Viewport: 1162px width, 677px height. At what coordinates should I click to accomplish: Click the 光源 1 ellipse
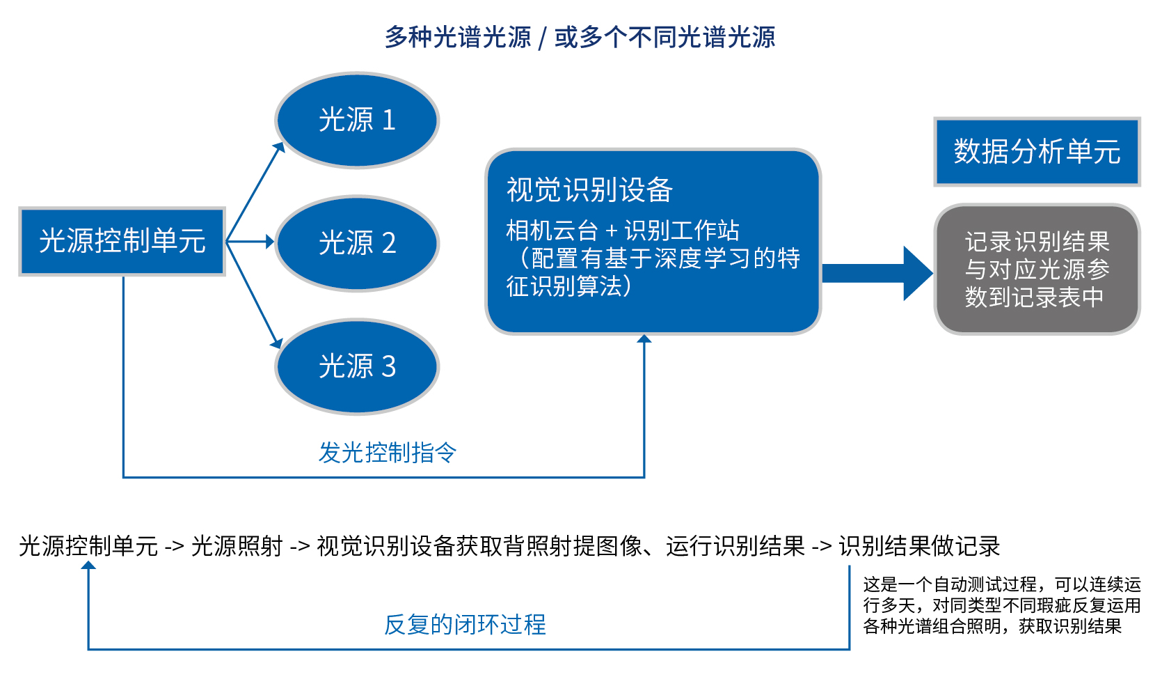[357, 120]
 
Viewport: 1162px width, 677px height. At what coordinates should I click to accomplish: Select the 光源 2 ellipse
[357, 243]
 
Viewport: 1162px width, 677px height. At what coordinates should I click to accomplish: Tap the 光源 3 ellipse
[357, 366]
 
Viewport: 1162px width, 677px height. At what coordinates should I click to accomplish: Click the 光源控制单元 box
[122, 241]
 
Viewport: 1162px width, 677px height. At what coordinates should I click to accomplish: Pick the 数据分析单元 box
[1037, 152]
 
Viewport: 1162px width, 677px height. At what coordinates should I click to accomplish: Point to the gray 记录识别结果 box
[1037, 270]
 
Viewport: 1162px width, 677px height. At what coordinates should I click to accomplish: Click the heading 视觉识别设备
[589, 189]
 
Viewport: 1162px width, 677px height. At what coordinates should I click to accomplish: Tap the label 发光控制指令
[387, 453]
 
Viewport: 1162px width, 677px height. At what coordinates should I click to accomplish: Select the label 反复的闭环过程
[465, 624]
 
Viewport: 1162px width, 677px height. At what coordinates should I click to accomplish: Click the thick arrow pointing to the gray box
[877, 273]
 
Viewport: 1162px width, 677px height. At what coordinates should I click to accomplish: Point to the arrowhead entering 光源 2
[270, 242]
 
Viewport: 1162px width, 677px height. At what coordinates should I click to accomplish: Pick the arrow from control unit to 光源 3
[255, 295]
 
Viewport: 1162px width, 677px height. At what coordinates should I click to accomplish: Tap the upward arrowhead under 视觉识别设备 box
[644, 339]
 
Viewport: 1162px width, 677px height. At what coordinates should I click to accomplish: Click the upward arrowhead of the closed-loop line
[88, 566]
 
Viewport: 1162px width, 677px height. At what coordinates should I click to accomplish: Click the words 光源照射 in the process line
[237, 546]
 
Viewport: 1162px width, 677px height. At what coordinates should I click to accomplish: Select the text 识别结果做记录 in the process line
[919, 546]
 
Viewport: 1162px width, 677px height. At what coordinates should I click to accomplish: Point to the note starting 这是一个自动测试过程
[1001, 605]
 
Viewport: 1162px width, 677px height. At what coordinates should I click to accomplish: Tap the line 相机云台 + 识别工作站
[622, 231]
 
